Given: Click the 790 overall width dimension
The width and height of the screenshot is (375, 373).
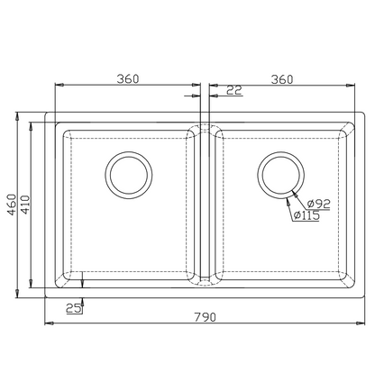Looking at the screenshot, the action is click(205, 317).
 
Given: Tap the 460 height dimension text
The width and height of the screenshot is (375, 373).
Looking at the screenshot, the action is click(12, 205).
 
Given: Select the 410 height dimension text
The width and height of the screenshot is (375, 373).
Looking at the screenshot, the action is click(25, 205).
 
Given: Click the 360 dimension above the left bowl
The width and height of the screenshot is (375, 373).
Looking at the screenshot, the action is click(128, 79).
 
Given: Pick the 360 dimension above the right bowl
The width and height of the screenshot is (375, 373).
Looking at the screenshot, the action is click(282, 79).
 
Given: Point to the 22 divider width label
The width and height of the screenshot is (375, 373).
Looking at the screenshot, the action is click(234, 90).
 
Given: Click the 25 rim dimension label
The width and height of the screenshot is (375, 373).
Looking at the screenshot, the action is click(74, 308).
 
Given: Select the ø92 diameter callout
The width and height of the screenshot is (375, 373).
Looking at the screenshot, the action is click(318, 204).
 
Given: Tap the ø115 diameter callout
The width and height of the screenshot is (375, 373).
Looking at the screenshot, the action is click(306, 215).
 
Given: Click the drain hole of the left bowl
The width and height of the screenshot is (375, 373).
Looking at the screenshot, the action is click(129, 175).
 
